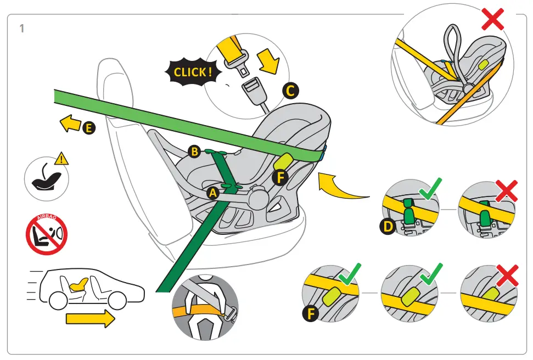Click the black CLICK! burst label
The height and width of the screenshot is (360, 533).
pyautogui.click(x=191, y=72)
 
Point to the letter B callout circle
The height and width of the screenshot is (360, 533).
pyautogui.click(x=193, y=152)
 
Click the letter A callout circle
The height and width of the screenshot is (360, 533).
pyautogui.click(x=213, y=193)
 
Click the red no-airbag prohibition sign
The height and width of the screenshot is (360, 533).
pyautogui.click(x=47, y=235)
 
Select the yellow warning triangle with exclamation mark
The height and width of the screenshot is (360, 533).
pyautogui.click(x=63, y=159)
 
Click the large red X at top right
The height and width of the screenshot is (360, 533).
pyautogui.click(x=493, y=19)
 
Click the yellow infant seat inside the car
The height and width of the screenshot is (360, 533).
pyautogui.click(x=79, y=284)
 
